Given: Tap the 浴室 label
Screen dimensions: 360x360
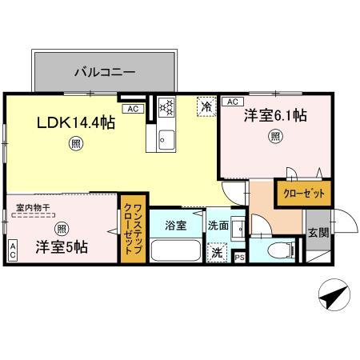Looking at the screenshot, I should point(176,226).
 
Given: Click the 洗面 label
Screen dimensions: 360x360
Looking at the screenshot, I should point(218,226).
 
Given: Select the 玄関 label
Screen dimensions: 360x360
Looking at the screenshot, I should point(318,233).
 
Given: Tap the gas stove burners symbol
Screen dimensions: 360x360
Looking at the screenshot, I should point(166,107).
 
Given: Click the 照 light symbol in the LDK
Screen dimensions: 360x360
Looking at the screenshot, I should point(74,146).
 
